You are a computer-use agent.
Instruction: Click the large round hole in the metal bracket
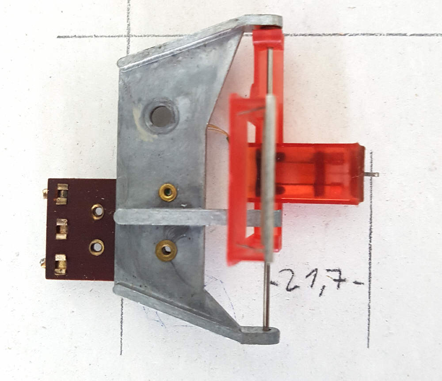click(161, 116)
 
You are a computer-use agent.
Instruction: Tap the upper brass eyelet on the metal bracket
click(168, 192)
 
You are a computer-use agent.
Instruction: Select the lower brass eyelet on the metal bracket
click(166, 250)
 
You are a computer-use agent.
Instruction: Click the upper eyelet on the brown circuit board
click(98, 211)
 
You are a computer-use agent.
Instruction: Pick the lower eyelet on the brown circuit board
click(97, 248)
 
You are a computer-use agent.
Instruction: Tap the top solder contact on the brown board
click(62, 194)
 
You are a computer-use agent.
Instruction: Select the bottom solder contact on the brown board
click(60, 264)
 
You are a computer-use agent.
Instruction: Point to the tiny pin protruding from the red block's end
click(372, 175)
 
